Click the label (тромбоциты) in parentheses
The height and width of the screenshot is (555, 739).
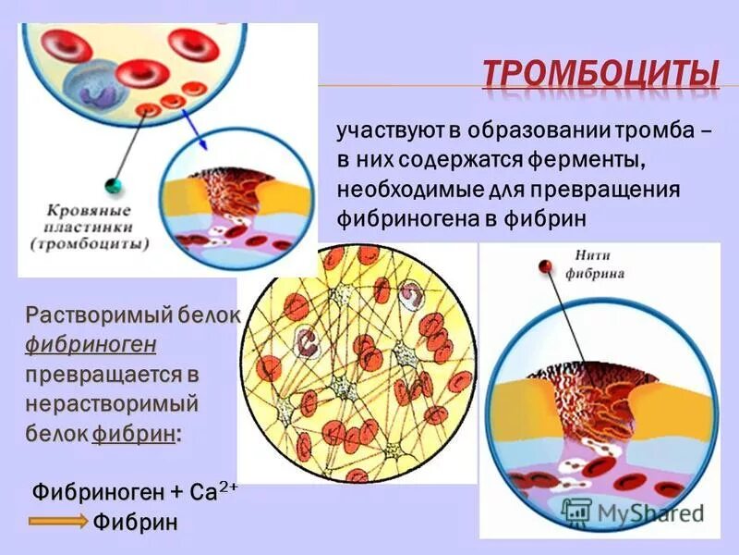(89, 245)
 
